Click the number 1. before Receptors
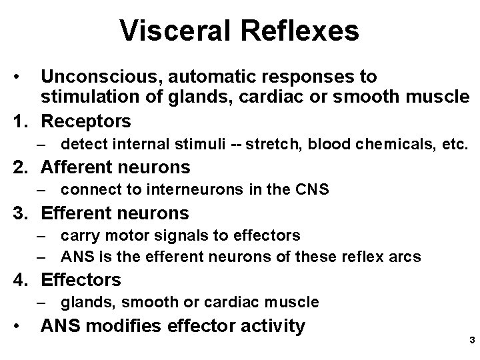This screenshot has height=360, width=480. click(23, 121)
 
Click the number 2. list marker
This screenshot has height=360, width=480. click(23, 167)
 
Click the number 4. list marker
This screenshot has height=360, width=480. click(23, 279)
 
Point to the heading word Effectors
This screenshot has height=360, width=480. click(81, 279)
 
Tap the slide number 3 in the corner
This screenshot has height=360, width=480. click(471, 341)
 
